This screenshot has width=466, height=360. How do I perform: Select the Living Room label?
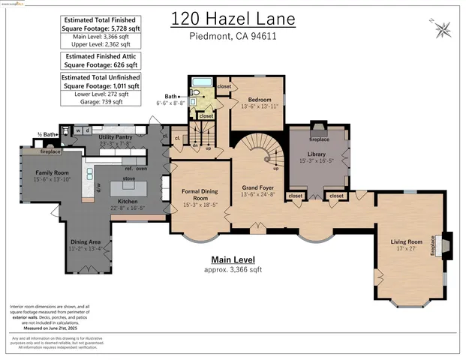click(405, 241)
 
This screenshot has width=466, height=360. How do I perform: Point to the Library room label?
click(317, 153)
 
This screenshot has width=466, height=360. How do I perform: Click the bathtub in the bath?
click(200, 83)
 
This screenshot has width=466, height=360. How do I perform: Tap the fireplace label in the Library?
click(319, 139)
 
